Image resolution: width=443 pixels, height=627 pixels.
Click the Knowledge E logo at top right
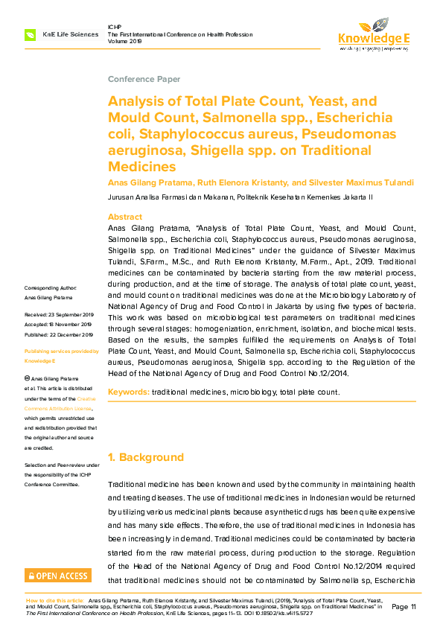click(x=374, y=33)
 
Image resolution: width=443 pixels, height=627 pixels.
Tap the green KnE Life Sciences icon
click(x=31, y=34)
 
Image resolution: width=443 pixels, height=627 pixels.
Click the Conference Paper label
click(x=144, y=79)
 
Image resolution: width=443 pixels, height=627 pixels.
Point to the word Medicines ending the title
click(x=143, y=168)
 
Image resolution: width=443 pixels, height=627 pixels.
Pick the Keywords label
click(x=129, y=392)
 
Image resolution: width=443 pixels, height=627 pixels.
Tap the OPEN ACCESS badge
click(x=58, y=576)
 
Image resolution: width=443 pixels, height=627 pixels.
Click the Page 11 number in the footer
click(x=403, y=606)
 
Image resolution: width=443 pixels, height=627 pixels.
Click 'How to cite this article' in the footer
click(x=54, y=599)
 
